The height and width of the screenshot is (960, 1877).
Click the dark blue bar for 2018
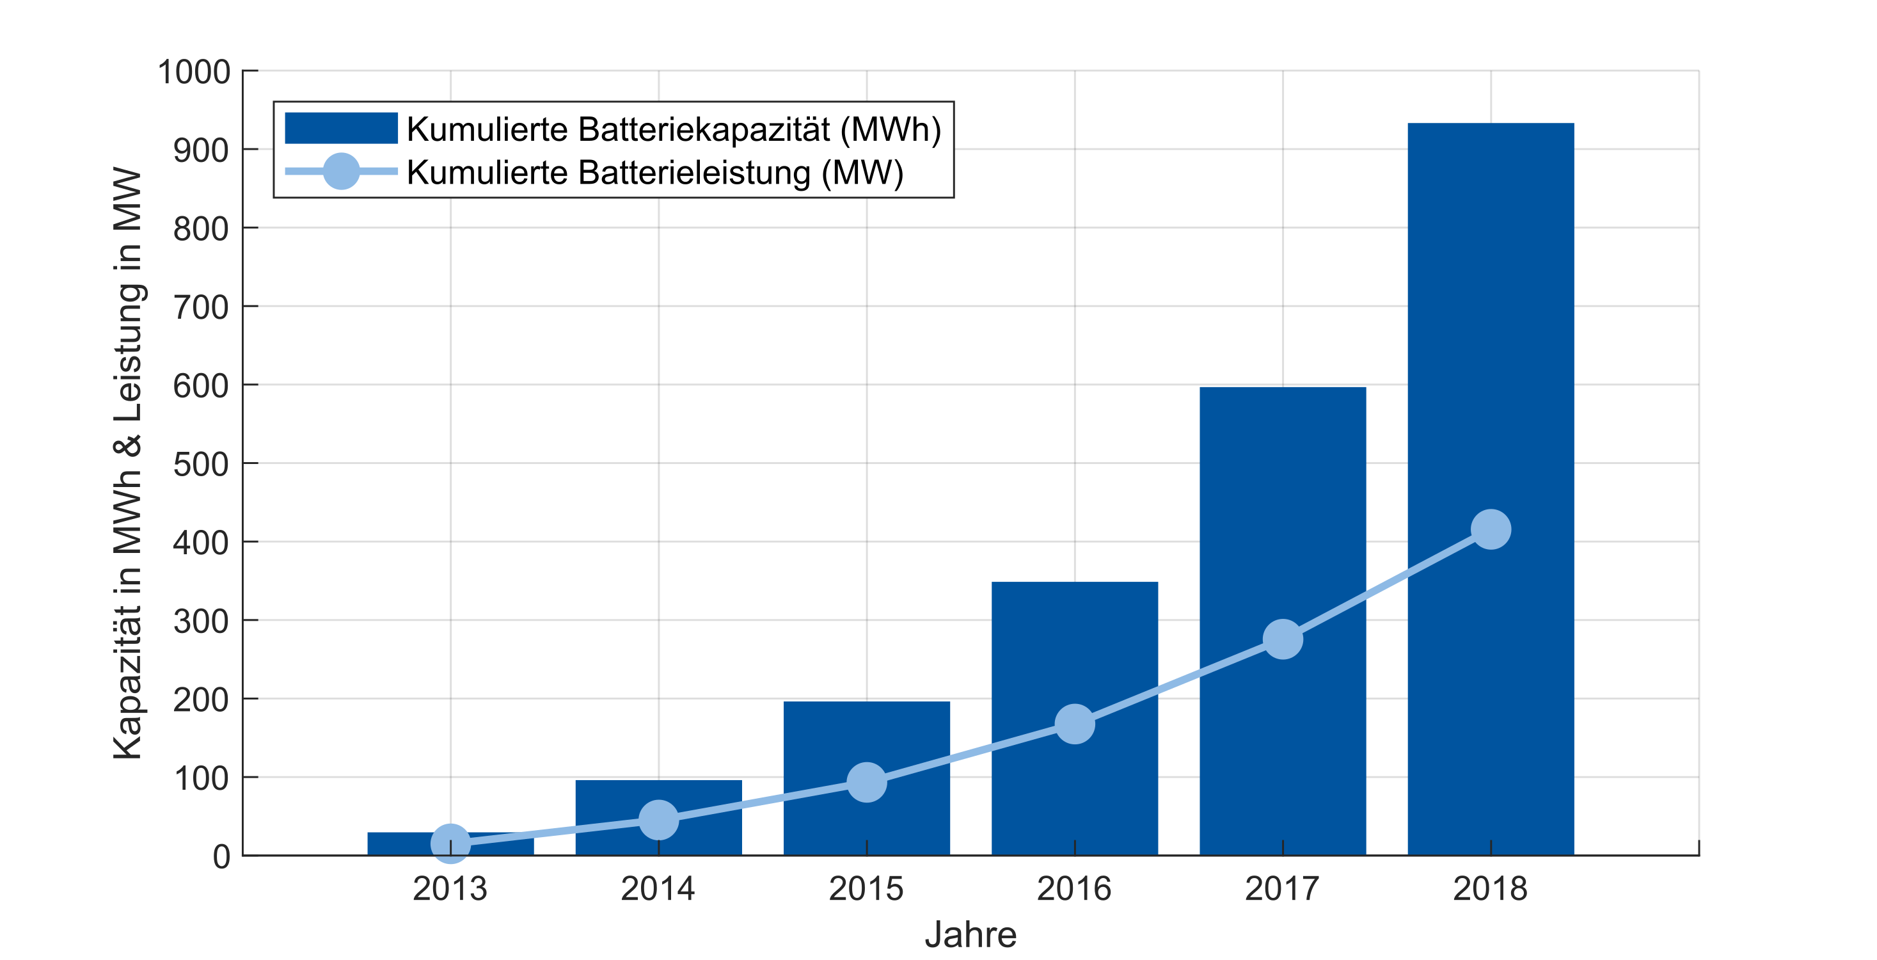[x=1490, y=328]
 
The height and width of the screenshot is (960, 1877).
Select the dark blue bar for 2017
[x=1283, y=510]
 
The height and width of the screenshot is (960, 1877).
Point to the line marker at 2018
[x=1491, y=529]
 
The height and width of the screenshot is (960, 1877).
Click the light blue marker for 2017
[x=1283, y=639]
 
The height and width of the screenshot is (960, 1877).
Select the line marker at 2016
[x=1075, y=724]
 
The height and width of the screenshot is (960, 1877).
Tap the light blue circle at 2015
[x=866, y=782]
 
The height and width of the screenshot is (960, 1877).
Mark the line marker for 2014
[x=659, y=819]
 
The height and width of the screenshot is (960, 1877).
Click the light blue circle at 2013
[x=450, y=844]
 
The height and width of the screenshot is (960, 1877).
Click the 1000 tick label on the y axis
[x=194, y=72]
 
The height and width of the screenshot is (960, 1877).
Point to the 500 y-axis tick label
[x=201, y=465]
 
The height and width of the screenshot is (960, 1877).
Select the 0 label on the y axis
[x=221, y=856]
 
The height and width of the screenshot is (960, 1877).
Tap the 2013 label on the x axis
[x=450, y=888]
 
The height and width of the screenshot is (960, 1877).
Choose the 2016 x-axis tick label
[x=1074, y=888]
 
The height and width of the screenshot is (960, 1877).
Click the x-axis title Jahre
[x=970, y=934]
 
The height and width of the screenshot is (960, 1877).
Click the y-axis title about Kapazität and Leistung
[x=127, y=463]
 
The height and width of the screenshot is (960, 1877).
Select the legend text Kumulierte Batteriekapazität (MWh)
[x=673, y=129]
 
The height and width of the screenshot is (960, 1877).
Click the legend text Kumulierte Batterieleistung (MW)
[x=654, y=173]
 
